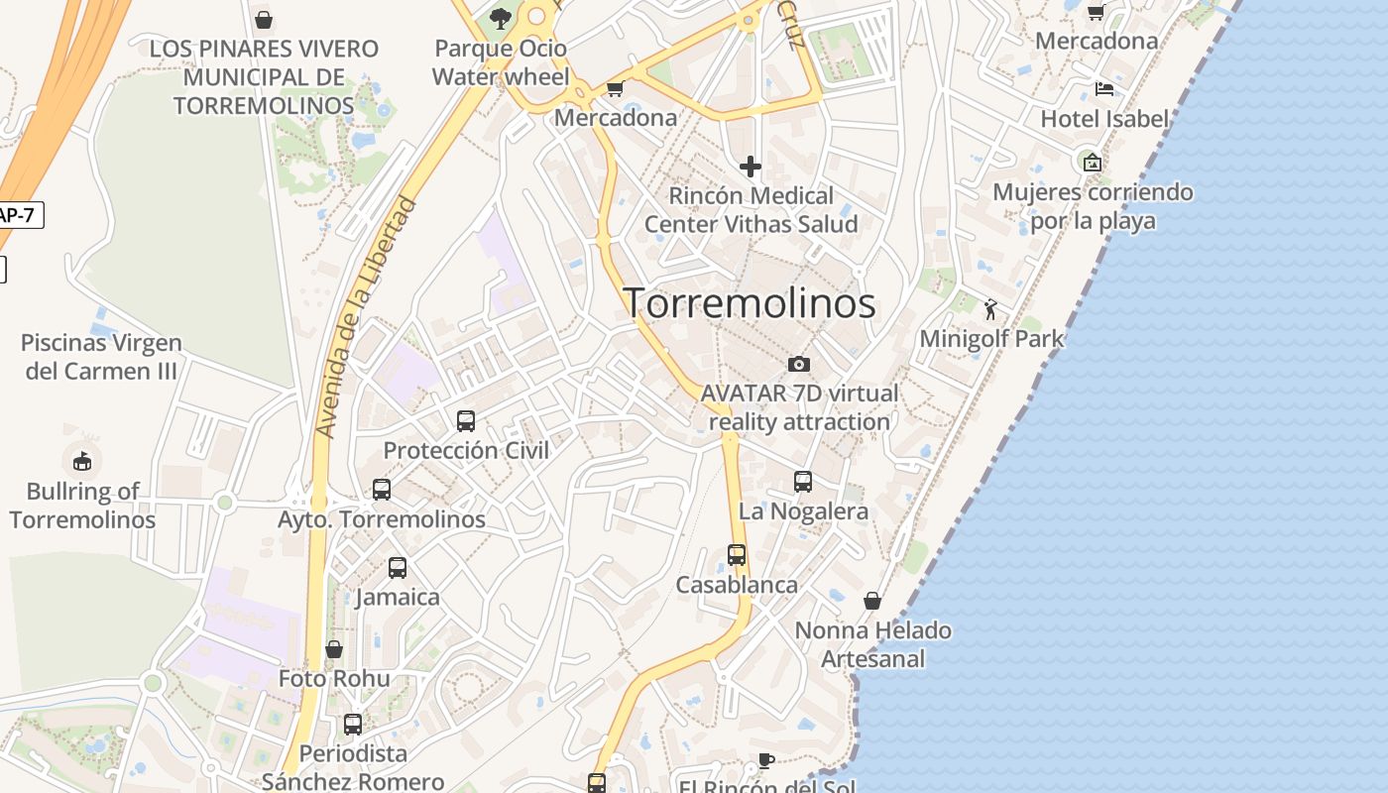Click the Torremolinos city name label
[750, 303]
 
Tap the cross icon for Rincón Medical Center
[751, 166]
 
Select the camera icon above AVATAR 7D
[799, 364]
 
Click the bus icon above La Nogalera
[803, 482]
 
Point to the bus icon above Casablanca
[737, 555]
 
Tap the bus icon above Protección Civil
[466, 420]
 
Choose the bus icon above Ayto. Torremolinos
[382, 489]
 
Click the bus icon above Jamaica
[398, 568]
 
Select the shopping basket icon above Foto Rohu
[334, 649]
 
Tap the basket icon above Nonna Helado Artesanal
[872, 601]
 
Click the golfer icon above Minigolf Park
[990, 309]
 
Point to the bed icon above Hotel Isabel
[1104, 89]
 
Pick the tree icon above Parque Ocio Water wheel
[501, 18]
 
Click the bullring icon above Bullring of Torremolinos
[82, 461]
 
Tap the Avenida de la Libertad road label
[366, 317]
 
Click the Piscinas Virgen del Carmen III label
[101, 357]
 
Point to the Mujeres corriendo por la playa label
[1093, 205]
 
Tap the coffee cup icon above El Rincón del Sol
[765, 760]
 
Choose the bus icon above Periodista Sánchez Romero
[353, 724]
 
